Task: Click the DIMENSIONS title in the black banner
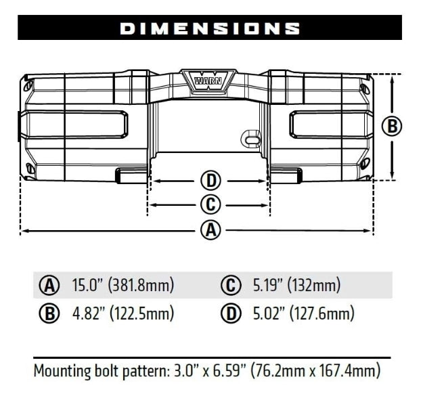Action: (210, 28)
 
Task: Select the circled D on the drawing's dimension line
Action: (210, 181)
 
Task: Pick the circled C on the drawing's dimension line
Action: (210, 204)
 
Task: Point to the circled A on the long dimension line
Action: (210, 230)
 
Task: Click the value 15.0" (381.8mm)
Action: (123, 286)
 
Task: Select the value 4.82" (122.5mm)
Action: (123, 313)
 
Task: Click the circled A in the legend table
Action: (48, 286)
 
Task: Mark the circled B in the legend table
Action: (48, 313)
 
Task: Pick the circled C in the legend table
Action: (230, 286)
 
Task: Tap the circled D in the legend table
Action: (230, 313)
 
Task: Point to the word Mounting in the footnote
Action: (62, 371)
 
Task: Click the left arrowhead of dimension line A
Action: (24, 231)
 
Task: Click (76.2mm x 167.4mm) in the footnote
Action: (315, 371)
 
